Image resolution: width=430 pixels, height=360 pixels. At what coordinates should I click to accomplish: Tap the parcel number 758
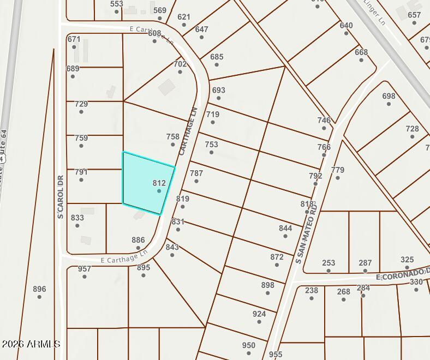coord(172,137)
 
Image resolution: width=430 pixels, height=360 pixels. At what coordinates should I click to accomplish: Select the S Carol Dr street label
coord(61,197)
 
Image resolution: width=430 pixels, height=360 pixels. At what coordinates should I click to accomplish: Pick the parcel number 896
coord(39,289)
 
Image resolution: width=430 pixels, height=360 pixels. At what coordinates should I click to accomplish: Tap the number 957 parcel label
coord(84,269)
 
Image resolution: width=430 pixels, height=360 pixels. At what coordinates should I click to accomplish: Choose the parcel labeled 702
coord(180,64)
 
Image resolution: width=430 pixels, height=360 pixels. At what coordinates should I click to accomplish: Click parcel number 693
coord(218,90)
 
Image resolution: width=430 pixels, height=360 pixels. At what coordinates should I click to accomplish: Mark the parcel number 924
coord(259,314)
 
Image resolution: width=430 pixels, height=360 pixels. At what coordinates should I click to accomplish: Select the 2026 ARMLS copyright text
coord(31,344)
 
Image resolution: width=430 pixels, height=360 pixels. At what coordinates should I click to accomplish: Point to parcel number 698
coord(389,96)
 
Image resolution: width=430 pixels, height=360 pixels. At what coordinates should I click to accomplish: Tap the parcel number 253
coord(329,263)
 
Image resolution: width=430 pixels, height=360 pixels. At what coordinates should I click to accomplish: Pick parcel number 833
coord(77,218)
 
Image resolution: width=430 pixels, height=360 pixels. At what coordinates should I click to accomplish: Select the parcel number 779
coord(338,170)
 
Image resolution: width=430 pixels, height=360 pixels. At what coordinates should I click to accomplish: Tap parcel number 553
coord(116,4)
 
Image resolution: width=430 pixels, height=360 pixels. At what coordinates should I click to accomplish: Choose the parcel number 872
coord(277,257)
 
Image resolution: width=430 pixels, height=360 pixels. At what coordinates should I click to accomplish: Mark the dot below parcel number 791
coord(81,179)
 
